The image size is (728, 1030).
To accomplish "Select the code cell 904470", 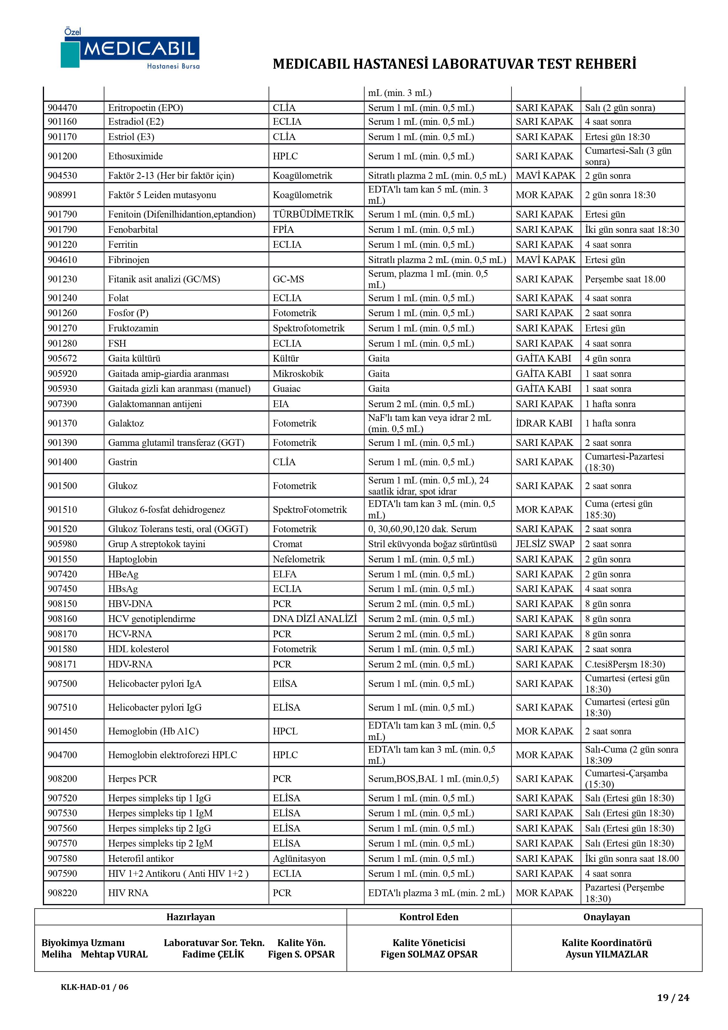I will [x=62, y=108].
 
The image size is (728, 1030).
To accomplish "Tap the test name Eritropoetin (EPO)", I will [x=145, y=108].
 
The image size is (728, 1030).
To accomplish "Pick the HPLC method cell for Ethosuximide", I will [x=285, y=156].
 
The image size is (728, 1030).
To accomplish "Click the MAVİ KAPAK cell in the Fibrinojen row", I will [x=545, y=260].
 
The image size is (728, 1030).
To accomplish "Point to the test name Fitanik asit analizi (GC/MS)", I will [x=164, y=279].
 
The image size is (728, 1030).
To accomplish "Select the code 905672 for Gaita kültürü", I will [x=62, y=358].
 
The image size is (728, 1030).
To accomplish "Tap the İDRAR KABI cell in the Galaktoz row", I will [x=544, y=423].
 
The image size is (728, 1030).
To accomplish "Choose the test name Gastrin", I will [x=122, y=462].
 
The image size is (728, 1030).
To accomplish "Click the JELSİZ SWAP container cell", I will [x=545, y=544].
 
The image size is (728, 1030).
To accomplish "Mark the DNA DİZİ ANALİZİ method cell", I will [x=315, y=619].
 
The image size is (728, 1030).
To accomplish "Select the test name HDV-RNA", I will [x=130, y=664].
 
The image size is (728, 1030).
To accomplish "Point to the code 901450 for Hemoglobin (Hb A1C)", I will [x=62, y=731].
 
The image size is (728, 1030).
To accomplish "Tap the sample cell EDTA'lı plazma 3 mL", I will [x=436, y=893].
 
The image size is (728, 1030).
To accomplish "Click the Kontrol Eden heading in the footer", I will [x=428, y=917].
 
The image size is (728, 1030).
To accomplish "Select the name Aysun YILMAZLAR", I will [x=607, y=954].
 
